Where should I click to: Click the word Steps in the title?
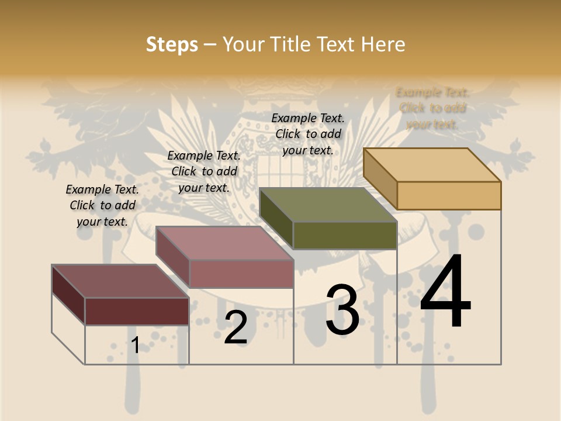pos(172,44)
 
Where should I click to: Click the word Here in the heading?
pos(383,44)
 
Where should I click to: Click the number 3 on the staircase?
pos(342,310)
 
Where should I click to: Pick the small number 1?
pos(136,345)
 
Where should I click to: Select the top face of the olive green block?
pos(327,205)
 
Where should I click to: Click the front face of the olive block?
pos(345,235)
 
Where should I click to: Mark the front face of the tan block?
pos(449,195)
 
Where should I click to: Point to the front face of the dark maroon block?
pos(137,311)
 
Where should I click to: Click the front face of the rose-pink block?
pos(241,274)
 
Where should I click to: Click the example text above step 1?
pos(102,205)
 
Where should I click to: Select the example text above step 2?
pos(204,171)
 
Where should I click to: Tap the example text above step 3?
pos(308,134)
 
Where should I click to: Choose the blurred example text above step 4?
pos(432,108)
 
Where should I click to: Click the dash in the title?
pos(210,45)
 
